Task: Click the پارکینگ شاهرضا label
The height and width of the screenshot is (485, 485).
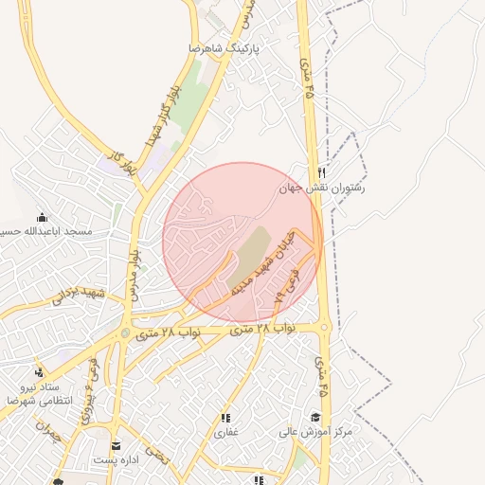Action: (224, 46)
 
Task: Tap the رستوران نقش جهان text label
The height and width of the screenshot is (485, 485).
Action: (322, 189)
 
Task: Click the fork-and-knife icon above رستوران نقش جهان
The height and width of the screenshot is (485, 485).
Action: (322, 173)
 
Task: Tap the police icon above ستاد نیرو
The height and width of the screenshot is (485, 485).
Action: (39, 371)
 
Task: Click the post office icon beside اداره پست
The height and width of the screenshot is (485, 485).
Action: (116, 445)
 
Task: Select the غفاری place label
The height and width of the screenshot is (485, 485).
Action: (225, 433)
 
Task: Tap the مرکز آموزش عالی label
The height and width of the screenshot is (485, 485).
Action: (314, 431)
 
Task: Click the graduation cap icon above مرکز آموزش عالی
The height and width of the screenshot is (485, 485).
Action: (314, 417)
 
